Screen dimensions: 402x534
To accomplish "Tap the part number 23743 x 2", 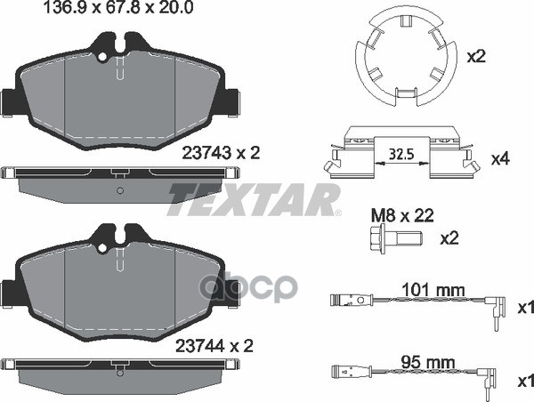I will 220,153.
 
